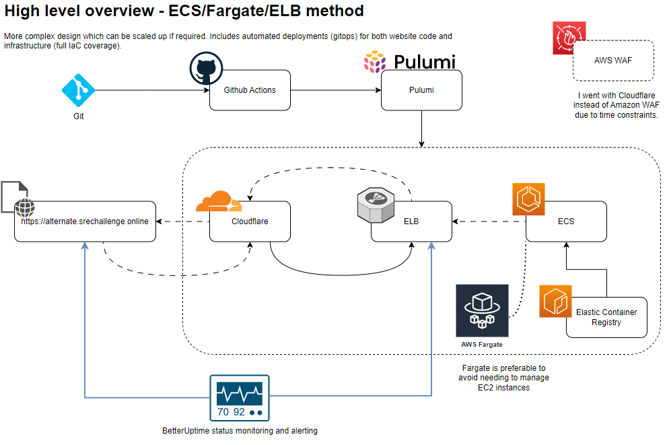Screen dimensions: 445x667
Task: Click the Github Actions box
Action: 250,90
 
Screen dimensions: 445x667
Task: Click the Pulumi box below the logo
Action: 421,90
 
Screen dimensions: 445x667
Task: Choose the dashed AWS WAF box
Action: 613,61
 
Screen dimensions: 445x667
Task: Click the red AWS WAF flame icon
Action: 569,38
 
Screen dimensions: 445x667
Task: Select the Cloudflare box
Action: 250,221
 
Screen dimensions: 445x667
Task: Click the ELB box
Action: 411,221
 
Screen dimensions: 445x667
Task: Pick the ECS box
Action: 566,221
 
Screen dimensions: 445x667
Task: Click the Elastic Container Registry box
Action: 606,317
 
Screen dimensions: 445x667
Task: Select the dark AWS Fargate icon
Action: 482,310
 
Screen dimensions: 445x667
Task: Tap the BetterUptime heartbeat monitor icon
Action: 238,398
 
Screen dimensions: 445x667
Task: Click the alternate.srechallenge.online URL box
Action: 85,221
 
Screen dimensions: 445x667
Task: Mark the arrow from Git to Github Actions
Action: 148,90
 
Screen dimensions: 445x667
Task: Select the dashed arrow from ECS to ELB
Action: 489,221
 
